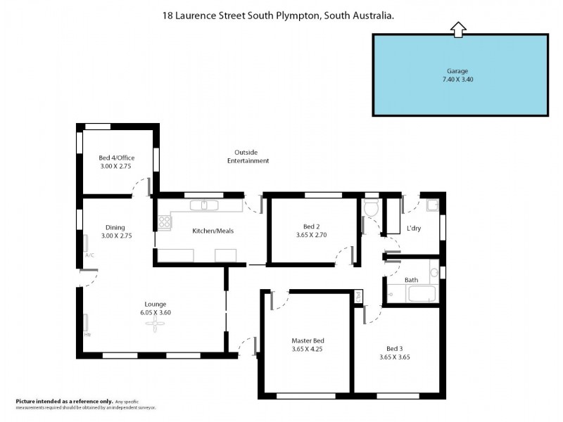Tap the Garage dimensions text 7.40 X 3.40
coord(457,79)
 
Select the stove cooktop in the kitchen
coord(165,223)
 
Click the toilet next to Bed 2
coord(372,207)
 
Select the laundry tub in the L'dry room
coord(431,205)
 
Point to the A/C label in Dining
coord(89,255)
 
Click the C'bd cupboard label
coord(358,297)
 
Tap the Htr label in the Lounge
coord(87,334)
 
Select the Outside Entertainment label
coord(248,156)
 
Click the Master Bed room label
coord(308,340)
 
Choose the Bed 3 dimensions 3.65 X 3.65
coord(393,357)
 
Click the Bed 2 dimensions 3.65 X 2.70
coord(312,235)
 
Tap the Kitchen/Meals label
coord(213,231)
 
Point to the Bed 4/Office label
coord(116,158)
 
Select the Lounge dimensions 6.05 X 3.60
coord(156,312)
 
